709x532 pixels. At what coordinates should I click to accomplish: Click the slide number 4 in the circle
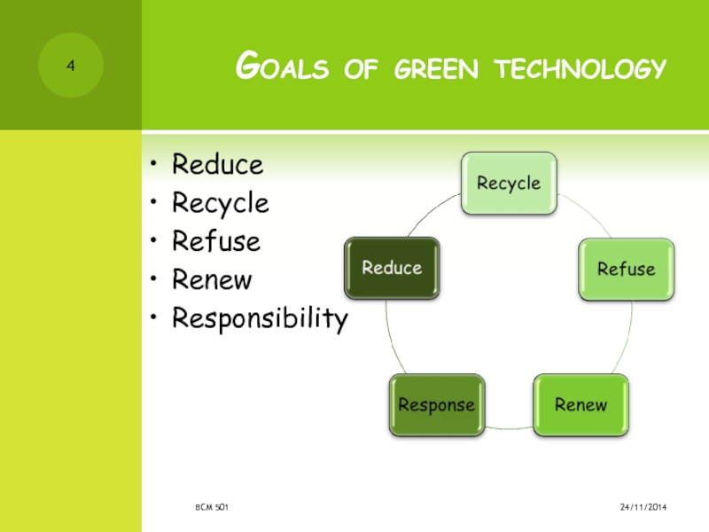[x=71, y=66]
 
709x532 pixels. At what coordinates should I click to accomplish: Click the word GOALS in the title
[x=282, y=66]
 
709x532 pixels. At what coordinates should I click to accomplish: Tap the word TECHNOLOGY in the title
[x=580, y=68]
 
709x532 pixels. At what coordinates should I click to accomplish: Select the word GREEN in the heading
[x=436, y=69]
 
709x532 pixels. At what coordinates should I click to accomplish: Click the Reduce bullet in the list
[x=217, y=164]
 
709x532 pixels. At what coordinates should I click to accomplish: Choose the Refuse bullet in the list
[x=216, y=240]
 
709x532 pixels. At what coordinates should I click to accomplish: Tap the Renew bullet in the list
[x=212, y=279]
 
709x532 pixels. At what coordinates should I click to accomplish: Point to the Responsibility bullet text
[x=260, y=319]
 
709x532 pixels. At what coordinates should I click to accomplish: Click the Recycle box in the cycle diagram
[x=509, y=184]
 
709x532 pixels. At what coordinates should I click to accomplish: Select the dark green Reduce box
[x=392, y=268]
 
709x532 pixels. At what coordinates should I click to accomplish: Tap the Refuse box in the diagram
[x=627, y=270]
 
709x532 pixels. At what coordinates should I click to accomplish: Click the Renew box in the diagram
[x=581, y=405]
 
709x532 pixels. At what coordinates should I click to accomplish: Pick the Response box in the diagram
[x=437, y=405]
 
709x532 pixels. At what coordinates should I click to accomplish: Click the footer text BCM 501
[x=212, y=507]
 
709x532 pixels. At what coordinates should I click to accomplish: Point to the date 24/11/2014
[x=643, y=507]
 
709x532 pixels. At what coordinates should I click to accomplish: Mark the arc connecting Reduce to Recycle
[x=431, y=211]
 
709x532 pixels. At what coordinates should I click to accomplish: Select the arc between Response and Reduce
[x=392, y=337]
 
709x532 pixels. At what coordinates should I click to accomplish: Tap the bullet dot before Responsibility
[x=153, y=317]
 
